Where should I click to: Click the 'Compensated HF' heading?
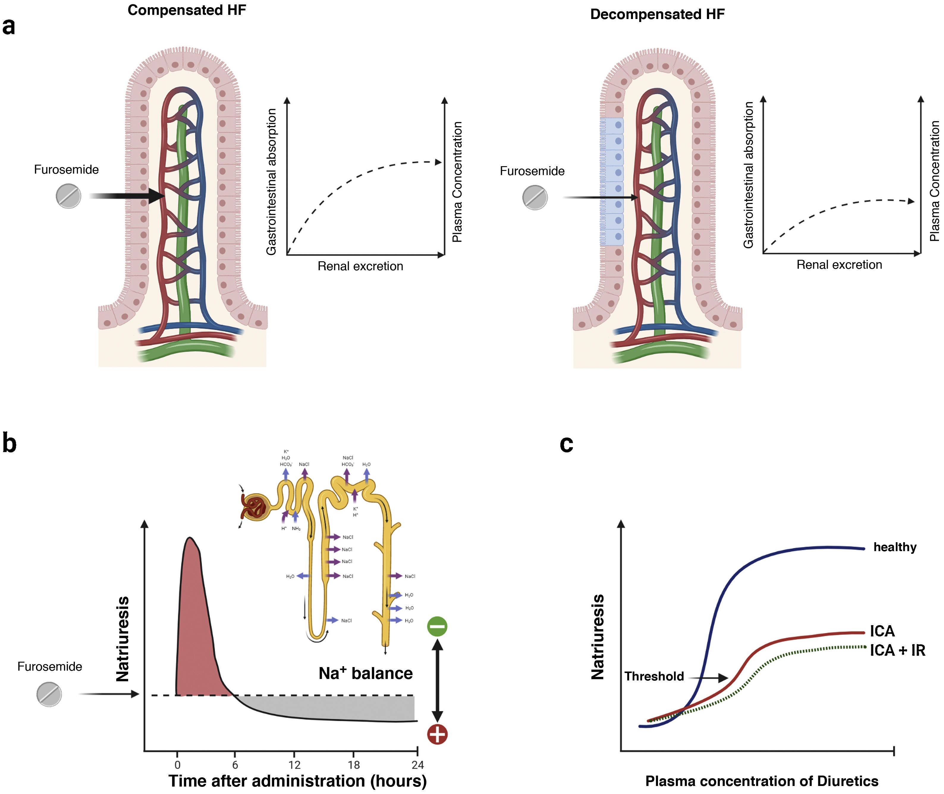(187, 10)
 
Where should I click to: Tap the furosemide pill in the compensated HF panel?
(68, 196)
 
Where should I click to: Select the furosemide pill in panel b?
(49, 694)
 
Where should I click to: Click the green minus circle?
(437, 626)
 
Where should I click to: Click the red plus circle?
(437, 734)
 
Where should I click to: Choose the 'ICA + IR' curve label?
(897, 650)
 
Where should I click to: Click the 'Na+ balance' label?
(365, 673)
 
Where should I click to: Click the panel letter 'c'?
(566, 444)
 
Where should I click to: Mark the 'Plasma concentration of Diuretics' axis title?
(762, 781)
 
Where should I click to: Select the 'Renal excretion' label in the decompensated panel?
(839, 265)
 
